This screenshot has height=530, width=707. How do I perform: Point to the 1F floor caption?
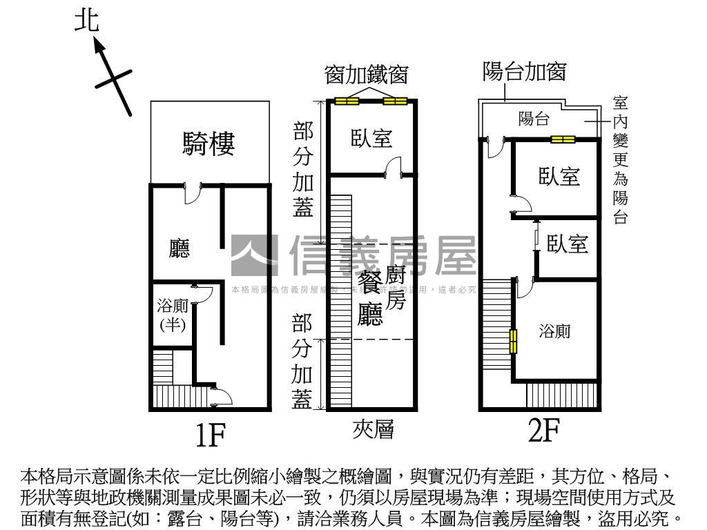[x=209, y=435]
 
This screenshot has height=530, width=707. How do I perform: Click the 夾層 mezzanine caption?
[x=373, y=430]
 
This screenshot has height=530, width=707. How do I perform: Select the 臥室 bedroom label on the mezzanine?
[x=371, y=138]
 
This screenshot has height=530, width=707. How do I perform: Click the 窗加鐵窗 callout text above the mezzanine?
[x=367, y=75]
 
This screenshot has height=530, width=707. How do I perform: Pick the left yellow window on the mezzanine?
[x=347, y=102]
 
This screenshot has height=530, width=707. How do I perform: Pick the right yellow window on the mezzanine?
[x=395, y=102]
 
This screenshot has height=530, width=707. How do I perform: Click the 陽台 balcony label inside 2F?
[x=534, y=119]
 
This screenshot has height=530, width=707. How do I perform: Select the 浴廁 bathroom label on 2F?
[x=555, y=331]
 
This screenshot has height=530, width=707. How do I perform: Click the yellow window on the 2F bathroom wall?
[x=513, y=341]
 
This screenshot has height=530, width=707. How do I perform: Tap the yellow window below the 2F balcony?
[x=563, y=139]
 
